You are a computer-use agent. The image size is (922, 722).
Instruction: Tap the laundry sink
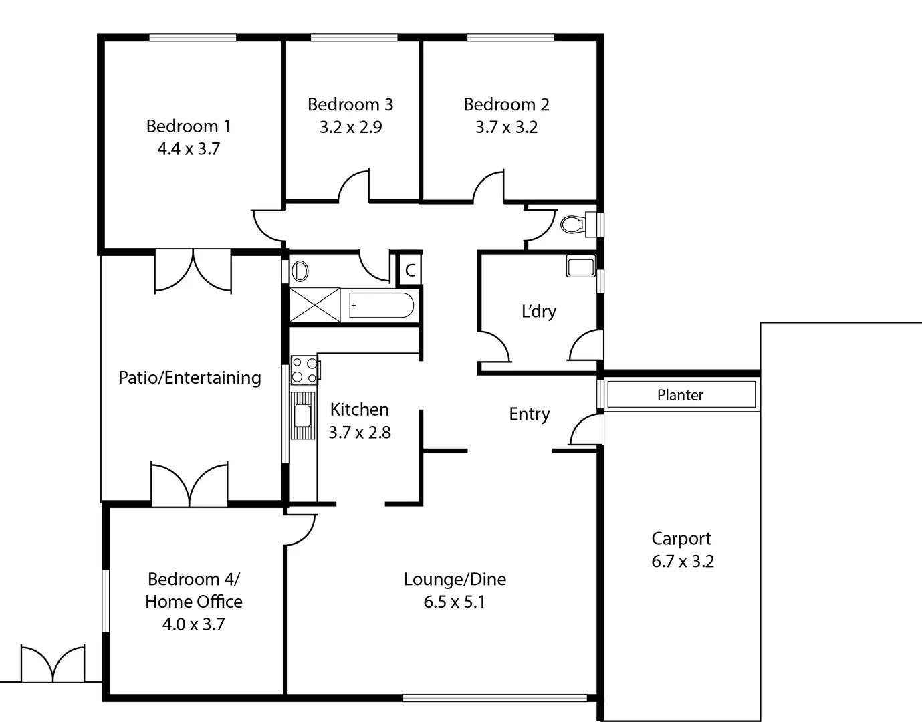(x=580, y=266)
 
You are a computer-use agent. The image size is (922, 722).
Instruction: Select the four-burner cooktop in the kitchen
(x=305, y=370)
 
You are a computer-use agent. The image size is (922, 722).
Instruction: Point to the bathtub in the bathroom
(x=381, y=306)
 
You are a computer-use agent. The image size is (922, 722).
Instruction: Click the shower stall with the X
(x=314, y=306)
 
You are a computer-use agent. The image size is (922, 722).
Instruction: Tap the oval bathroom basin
(x=301, y=271)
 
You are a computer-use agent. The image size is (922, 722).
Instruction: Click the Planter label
(x=680, y=395)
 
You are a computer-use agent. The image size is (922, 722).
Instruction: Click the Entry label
(x=530, y=414)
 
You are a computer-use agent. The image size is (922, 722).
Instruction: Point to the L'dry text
(x=538, y=311)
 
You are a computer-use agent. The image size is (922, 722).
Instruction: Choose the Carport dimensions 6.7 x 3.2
(x=682, y=562)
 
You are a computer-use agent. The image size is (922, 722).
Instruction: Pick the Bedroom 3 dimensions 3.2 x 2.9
(x=350, y=127)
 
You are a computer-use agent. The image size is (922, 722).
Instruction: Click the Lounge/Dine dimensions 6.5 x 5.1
(x=455, y=602)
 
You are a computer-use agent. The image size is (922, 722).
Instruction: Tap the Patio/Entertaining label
(x=190, y=378)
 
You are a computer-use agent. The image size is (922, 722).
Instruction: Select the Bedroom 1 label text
(x=189, y=126)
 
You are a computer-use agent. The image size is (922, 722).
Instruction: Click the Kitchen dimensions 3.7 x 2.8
(x=360, y=433)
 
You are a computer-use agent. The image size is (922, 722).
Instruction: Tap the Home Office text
(x=194, y=602)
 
